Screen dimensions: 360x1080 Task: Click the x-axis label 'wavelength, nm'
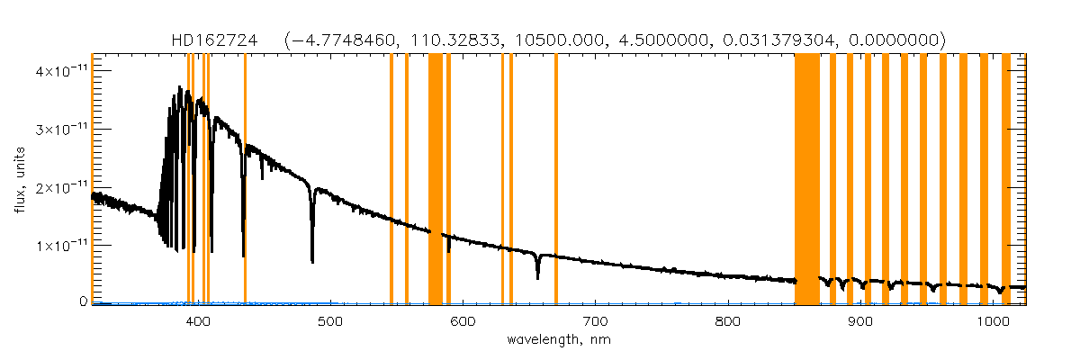coord(558,340)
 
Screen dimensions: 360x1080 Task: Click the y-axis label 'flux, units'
coord(20,178)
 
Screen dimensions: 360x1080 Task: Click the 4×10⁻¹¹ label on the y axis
coord(61,70)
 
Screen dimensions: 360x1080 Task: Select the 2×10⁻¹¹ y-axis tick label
coord(61,186)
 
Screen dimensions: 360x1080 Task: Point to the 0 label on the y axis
coord(81,302)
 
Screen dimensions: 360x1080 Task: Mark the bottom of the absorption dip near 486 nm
coord(312,261)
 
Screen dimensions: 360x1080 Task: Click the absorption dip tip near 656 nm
coord(537,278)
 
